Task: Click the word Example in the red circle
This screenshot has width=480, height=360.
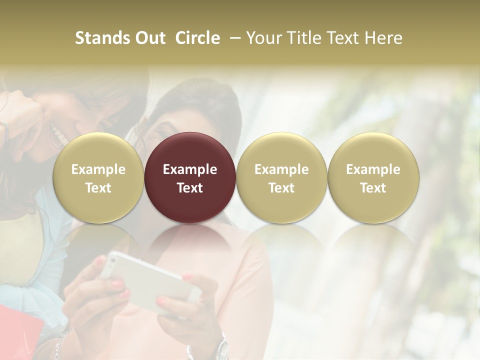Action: click(190, 169)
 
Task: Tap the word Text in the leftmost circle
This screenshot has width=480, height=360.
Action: click(98, 188)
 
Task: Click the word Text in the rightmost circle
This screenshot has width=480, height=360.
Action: click(373, 188)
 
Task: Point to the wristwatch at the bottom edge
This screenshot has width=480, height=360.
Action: click(221, 350)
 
